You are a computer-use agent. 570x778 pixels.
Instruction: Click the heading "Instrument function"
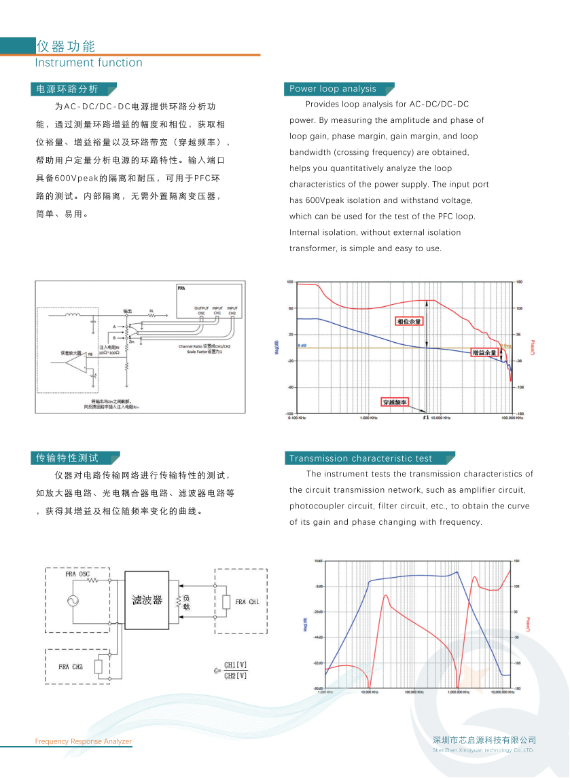(x=88, y=63)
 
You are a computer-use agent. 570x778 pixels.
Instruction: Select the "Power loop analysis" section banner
(x=333, y=89)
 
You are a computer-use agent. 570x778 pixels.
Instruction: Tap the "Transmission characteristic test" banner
(x=361, y=458)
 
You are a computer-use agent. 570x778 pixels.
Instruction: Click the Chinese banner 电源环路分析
(x=67, y=89)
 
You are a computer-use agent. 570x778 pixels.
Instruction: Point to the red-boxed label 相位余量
(x=409, y=321)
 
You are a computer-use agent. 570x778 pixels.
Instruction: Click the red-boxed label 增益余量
(x=485, y=352)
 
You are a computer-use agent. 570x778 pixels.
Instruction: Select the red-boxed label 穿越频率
(x=395, y=402)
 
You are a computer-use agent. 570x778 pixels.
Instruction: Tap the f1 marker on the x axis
(x=426, y=418)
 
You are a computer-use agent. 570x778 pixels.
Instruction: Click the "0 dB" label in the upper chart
(x=302, y=346)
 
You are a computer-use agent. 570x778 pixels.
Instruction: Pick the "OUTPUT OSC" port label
(x=201, y=310)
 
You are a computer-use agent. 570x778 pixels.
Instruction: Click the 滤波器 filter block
(x=148, y=599)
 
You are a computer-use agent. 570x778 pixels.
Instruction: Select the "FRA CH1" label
(x=247, y=602)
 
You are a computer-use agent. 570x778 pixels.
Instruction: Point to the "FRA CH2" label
(x=70, y=667)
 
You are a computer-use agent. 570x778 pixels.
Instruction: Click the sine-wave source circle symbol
(x=73, y=600)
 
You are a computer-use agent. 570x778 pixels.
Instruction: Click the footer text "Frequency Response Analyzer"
(x=84, y=741)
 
